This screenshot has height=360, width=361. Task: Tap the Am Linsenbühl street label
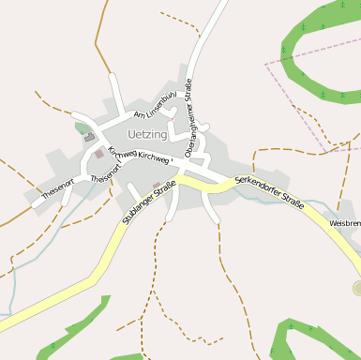pos(155,104)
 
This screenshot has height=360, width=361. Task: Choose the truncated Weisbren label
pos(344,224)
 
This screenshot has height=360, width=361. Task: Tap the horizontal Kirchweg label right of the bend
pos(153,158)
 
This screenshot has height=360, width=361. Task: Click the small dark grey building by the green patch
pos(90,137)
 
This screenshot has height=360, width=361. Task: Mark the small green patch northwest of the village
pos(83,128)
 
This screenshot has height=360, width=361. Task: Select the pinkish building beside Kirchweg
pos(98,153)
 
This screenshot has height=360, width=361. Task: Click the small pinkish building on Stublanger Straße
pos(156,186)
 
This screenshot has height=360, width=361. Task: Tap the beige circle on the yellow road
pos(357,287)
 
